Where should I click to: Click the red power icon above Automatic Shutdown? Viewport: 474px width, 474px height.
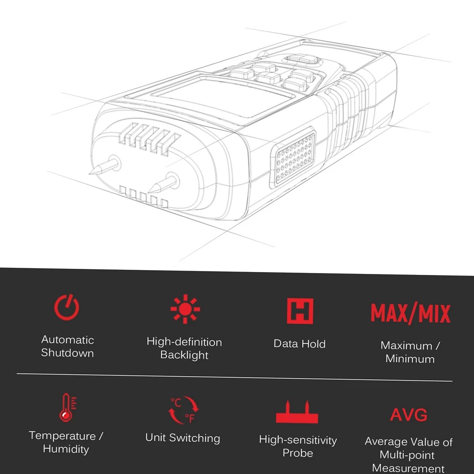tap(66, 307)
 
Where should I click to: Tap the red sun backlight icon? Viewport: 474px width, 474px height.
tap(185, 309)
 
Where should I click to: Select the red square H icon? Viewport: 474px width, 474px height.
tap(300, 311)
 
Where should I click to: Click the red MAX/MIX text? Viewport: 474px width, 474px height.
tap(410, 313)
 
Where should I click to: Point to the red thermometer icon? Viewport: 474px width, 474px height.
tap(67, 407)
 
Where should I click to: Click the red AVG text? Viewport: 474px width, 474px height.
tap(409, 414)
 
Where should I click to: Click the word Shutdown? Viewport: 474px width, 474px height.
tap(67, 353)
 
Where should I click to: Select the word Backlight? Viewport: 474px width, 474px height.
tap(184, 355)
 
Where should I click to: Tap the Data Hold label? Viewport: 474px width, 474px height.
tap(300, 344)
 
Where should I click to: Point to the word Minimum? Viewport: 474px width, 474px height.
tap(410, 359)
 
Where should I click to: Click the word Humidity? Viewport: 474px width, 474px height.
tap(66, 449)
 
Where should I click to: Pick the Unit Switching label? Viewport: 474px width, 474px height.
tap(182, 438)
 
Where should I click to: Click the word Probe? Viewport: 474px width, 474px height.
tap(298, 453)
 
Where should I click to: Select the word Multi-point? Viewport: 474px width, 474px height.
tap(407, 455)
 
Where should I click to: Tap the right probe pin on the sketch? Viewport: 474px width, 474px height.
tap(163, 183)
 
